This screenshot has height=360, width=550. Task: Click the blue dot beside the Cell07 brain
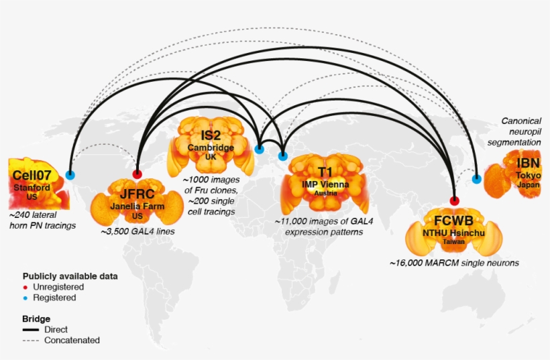[x=70, y=174]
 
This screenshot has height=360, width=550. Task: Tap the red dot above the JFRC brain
[x=137, y=174]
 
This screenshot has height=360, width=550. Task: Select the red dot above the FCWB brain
[x=454, y=201]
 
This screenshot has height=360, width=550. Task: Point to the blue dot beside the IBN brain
[x=476, y=179]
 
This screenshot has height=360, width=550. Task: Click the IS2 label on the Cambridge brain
[x=211, y=135]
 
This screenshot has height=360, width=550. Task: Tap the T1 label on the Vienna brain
[x=325, y=172]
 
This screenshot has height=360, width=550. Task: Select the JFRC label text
[x=137, y=194]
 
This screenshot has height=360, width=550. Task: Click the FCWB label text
[x=453, y=221]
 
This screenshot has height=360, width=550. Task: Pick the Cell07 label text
[x=32, y=175]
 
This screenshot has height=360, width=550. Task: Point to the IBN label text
[x=528, y=163]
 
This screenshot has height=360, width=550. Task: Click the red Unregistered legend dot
[x=25, y=288]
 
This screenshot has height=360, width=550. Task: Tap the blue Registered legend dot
[x=25, y=298]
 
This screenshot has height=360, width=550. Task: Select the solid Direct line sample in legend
[x=31, y=330]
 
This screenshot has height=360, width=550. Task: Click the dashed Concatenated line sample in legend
[x=31, y=341]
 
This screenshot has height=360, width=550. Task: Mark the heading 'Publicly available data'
[x=70, y=276]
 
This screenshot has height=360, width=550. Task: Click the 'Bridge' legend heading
[x=36, y=318]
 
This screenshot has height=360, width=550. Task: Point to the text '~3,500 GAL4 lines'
[x=137, y=231]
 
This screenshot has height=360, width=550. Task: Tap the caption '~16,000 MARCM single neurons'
[x=454, y=263]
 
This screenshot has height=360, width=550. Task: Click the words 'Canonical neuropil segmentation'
[x=514, y=131]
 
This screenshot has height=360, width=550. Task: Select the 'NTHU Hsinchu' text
[x=453, y=233]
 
